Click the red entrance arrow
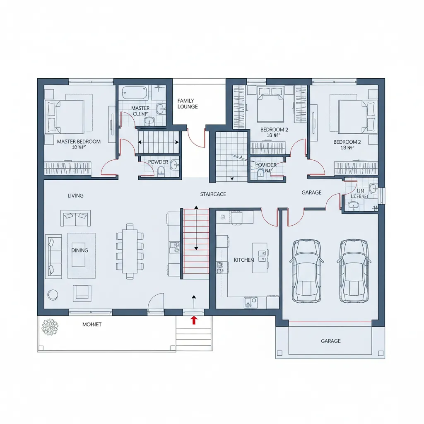193,320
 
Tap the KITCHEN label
243,260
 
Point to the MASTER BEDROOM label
79,142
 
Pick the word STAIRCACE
213,194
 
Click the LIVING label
75,195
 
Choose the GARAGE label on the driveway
330,341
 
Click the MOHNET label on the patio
92,324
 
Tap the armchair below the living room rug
82,293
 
